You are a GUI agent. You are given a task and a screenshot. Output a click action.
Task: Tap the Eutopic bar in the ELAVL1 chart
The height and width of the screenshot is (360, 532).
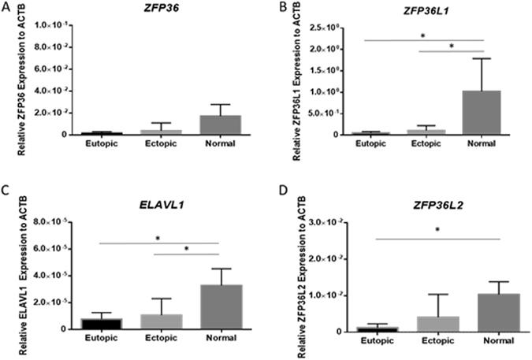pos(84,323)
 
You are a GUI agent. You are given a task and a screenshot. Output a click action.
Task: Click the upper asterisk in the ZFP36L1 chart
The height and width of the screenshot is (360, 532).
pos(424,35)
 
